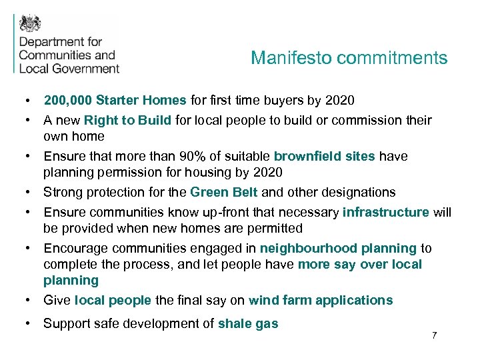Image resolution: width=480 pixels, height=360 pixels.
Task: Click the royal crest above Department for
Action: click(x=30, y=24)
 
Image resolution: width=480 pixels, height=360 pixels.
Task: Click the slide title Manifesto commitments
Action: click(x=349, y=58)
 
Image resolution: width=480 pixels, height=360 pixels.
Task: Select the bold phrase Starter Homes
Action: click(x=141, y=101)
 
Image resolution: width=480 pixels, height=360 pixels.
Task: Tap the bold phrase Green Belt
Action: click(x=224, y=193)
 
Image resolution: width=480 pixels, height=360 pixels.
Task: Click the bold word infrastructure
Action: click(x=385, y=213)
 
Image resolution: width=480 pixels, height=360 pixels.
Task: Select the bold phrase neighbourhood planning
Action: click(x=338, y=249)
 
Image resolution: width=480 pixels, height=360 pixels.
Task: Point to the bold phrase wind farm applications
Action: click(x=321, y=301)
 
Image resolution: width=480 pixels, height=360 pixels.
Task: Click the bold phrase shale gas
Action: click(x=248, y=325)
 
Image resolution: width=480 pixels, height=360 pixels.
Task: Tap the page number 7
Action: click(x=434, y=335)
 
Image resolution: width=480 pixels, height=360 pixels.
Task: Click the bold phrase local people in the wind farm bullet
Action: click(x=113, y=301)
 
